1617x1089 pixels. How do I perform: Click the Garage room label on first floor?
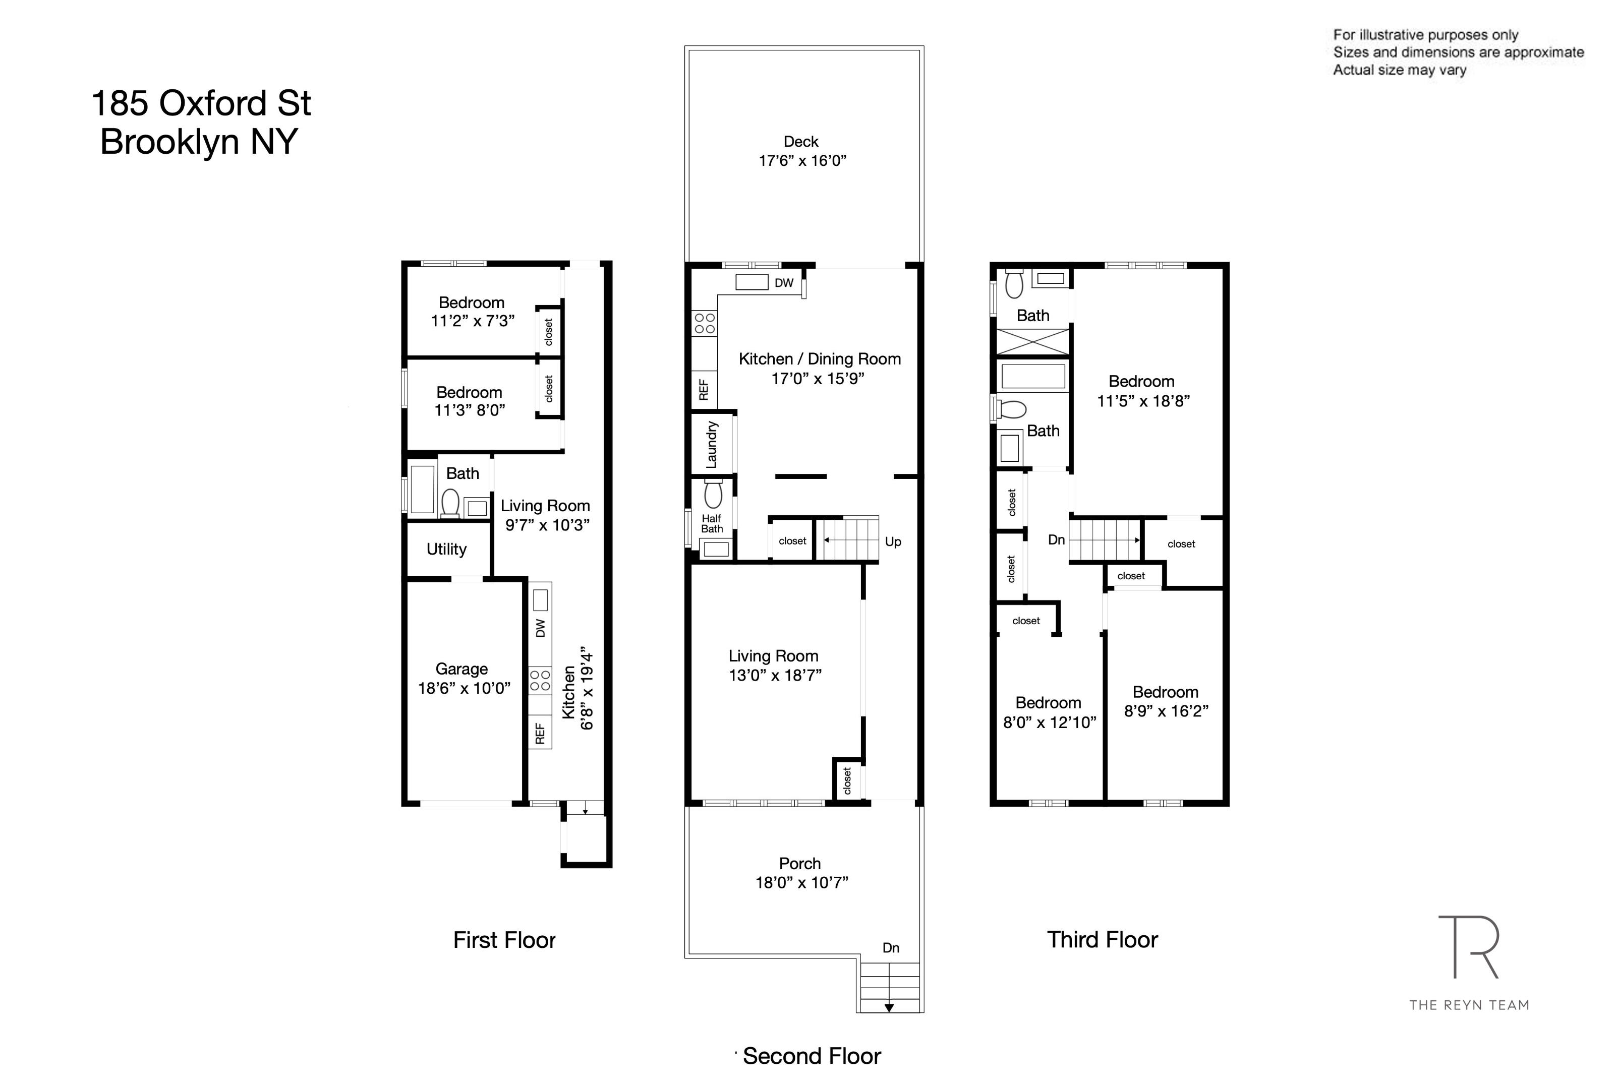[461, 669]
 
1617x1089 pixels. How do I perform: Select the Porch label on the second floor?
[799, 863]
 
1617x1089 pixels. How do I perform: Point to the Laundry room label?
[711, 445]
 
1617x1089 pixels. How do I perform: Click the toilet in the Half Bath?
[713, 495]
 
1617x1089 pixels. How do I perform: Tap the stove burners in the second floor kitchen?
[704, 323]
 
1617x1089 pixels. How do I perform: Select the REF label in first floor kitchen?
[540, 734]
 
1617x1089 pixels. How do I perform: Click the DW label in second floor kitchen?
[783, 283]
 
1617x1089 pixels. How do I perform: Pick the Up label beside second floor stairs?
[893, 541]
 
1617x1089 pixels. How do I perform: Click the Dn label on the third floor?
[1056, 539]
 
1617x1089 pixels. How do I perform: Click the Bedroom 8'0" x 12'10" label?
[1048, 703]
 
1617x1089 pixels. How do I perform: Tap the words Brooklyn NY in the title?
[199, 142]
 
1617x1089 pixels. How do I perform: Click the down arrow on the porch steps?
[888, 1007]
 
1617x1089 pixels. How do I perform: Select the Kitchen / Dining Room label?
[819, 359]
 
